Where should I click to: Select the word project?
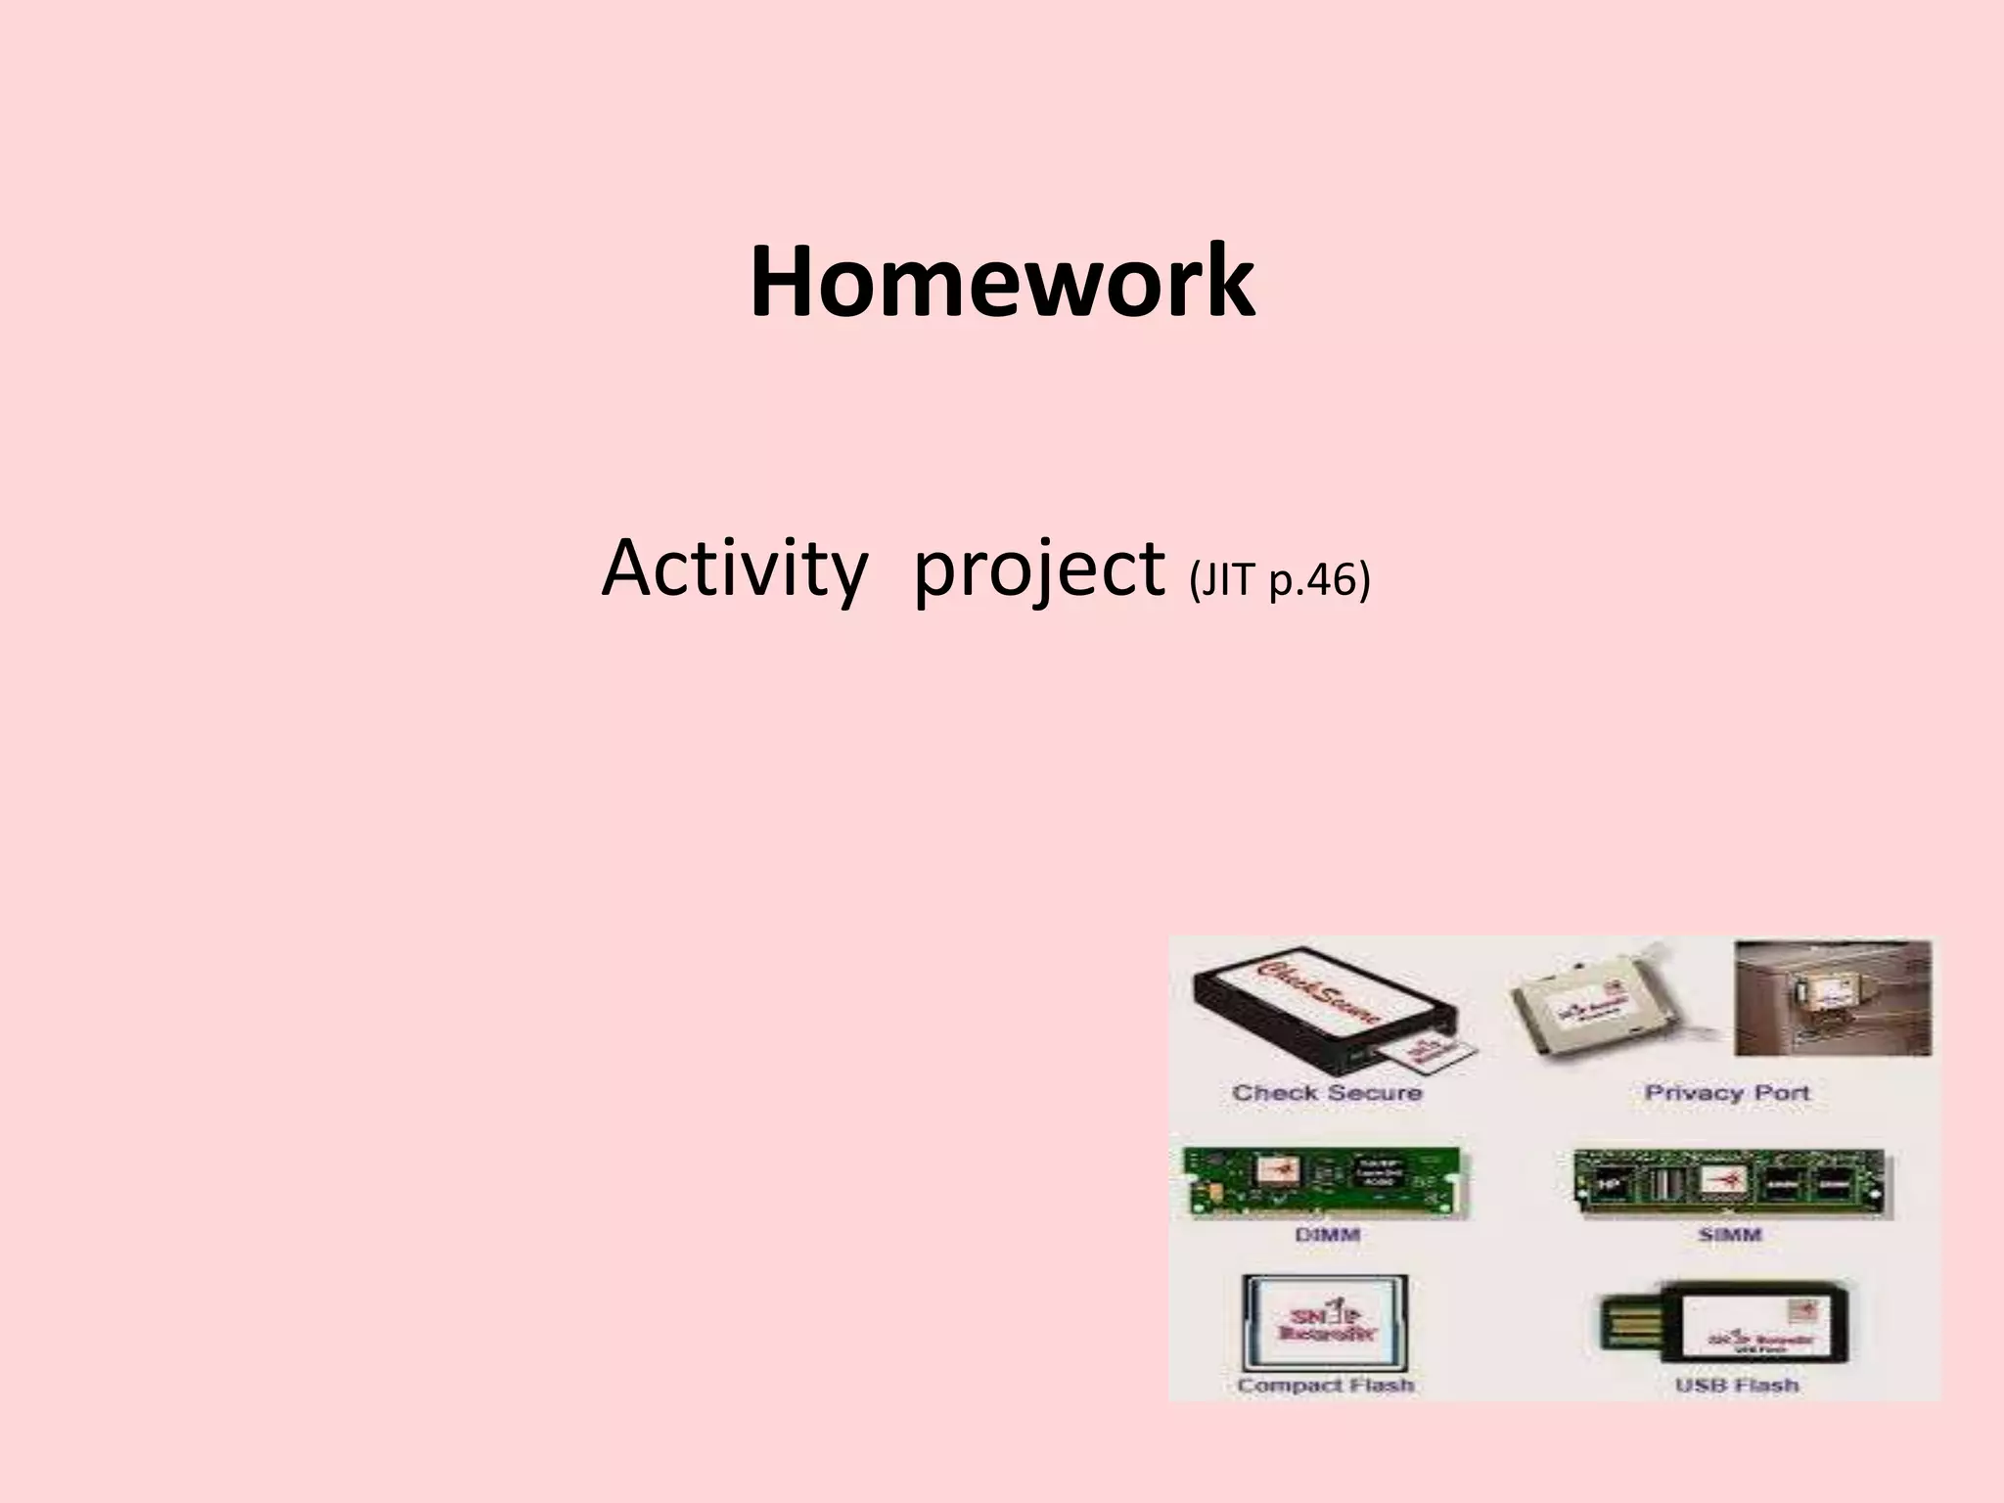pos(1038,570)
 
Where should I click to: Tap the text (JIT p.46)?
pos(1279,581)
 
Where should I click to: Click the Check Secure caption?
pos(1327,1093)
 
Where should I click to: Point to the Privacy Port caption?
pos(1727,1093)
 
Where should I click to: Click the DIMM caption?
pos(1327,1235)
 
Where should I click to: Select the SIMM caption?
pos(1730,1235)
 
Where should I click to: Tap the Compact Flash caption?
pos(1325,1385)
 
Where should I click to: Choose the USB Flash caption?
pos(1736,1385)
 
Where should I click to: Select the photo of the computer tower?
pos(1832,998)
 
